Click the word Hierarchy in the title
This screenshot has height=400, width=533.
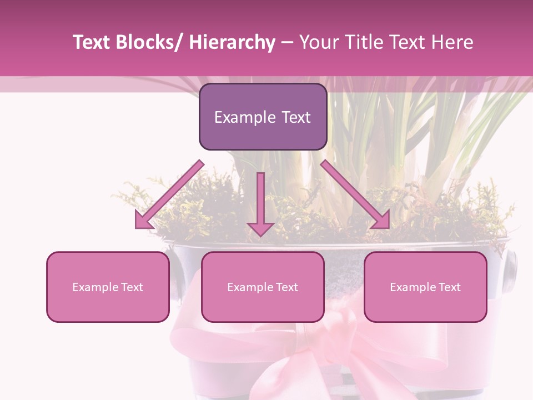coord(232,42)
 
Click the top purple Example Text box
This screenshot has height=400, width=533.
coord(263,117)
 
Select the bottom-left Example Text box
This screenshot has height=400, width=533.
coord(108,287)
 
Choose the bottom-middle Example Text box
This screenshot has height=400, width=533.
coord(263,287)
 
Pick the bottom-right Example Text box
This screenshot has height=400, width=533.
coord(425,287)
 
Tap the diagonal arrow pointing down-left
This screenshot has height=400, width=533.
coord(169,195)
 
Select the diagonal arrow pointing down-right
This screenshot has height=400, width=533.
coord(356,194)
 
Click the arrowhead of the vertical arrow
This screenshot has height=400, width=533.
coord(260,228)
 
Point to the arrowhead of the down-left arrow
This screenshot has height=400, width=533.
coord(143,221)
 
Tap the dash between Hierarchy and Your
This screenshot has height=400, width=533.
coord(287,43)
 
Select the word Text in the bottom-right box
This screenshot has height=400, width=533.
coord(449,287)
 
